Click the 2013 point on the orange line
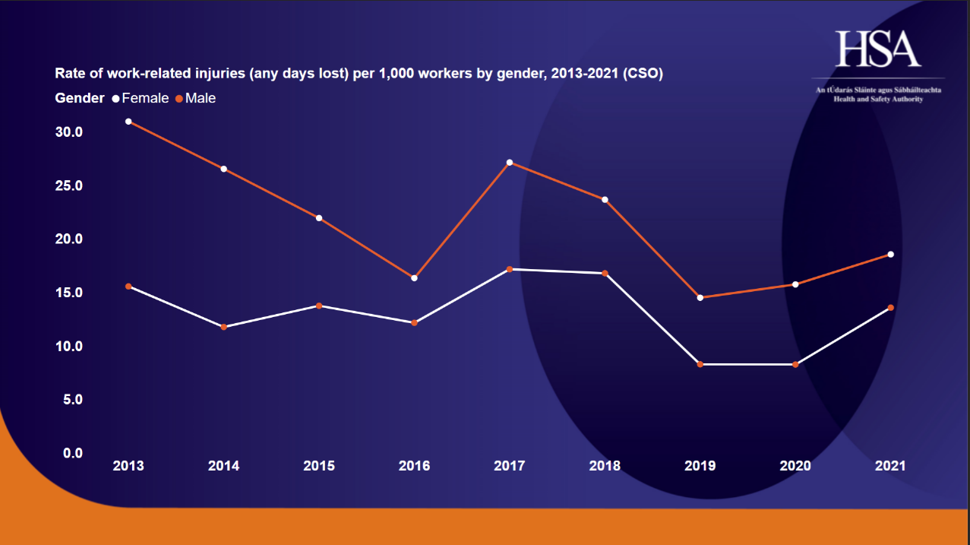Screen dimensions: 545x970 (128, 122)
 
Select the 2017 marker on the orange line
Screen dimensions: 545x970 (510, 163)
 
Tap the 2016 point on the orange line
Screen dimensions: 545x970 (414, 278)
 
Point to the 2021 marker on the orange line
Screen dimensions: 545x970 (890, 255)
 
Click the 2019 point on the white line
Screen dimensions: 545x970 (700, 365)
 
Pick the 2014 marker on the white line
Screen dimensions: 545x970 (223, 327)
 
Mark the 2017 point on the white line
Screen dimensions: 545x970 (510, 269)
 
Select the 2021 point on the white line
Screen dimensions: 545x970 (890, 308)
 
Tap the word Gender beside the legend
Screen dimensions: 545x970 (79, 98)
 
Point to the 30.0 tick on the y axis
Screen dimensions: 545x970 (68, 132)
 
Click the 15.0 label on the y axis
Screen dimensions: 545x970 (68, 293)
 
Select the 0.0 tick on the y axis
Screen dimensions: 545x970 (72, 453)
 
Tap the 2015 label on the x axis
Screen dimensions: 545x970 (319, 466)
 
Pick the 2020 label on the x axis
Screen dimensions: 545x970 (795, 466)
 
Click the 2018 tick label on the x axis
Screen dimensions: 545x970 (605, 466)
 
